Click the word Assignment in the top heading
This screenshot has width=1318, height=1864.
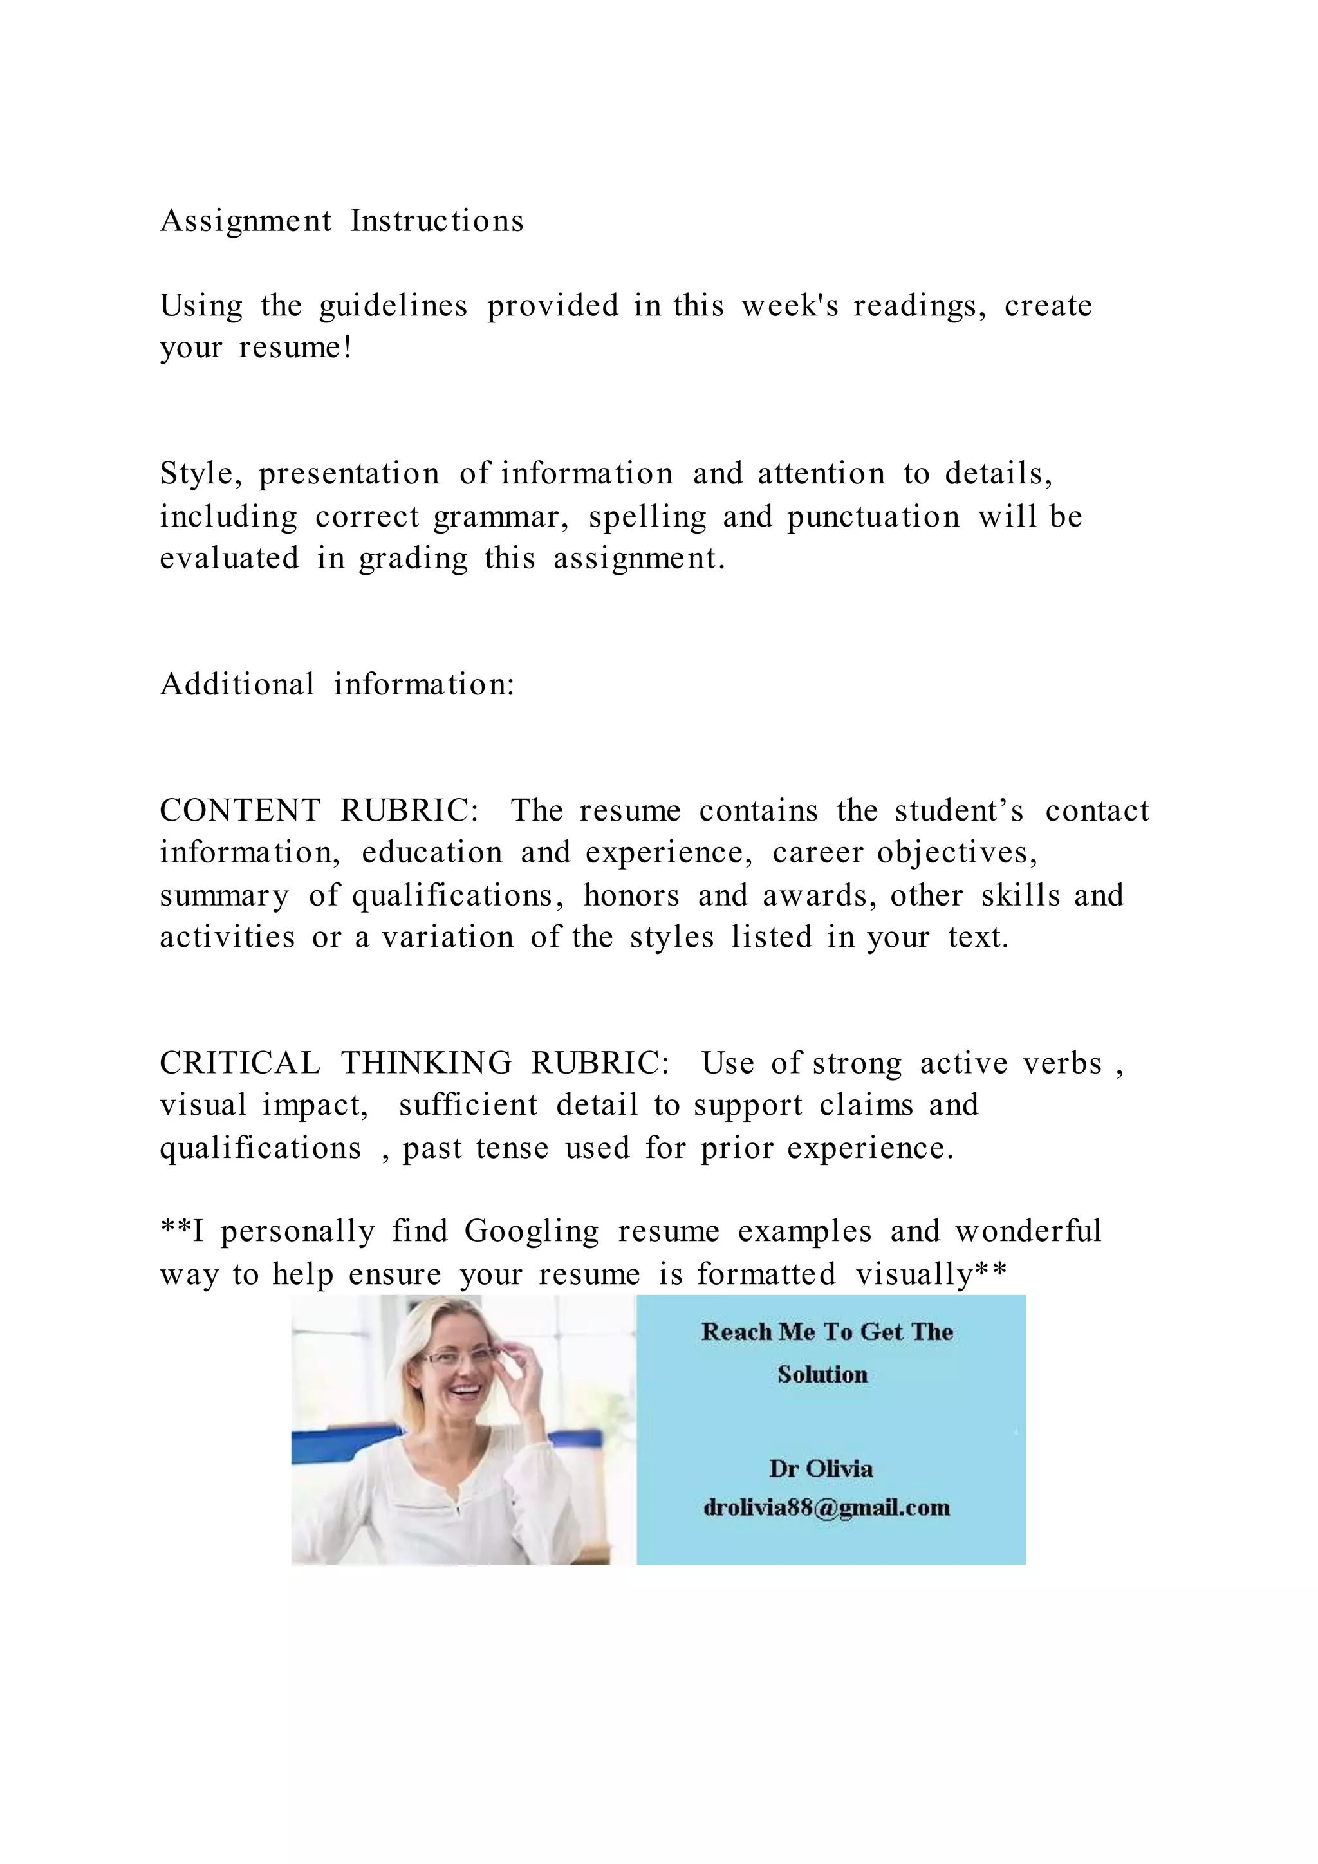point(246,221)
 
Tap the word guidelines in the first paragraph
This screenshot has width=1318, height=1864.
point(393,306)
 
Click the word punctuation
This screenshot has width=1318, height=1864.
point(873,517)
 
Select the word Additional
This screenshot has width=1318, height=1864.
point(237,684)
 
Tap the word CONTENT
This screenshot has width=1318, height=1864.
point(240,811)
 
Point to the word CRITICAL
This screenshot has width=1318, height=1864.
point(240,1063)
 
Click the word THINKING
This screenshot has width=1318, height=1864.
point(426,1063)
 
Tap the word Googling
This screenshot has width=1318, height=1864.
point(532,1231)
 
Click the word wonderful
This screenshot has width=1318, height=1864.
point(1028,1231)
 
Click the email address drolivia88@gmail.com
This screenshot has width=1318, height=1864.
point(826,1507)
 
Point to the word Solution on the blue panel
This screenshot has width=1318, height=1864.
point(822,1374)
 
